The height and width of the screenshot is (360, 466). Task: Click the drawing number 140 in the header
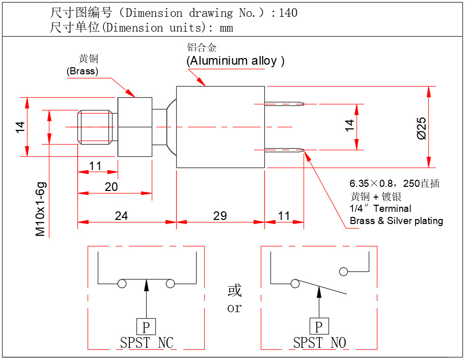[x=288, y=13]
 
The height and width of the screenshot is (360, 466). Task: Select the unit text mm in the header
[x=227, y=27]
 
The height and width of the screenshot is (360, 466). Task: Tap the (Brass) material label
[x=83, y=71]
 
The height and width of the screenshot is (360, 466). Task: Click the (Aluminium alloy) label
[x=235, y=61]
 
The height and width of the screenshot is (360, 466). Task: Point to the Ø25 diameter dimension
[x=421, y=128]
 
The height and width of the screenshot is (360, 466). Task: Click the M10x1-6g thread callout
[x=41, y=209]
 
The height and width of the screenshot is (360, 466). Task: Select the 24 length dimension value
[x=121, y=216]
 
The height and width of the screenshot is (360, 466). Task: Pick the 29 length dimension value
[x=220, y=216]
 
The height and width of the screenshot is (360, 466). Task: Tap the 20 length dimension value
[x=111, y=187]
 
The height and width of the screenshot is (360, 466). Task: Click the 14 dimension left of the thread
[x=20, y=127]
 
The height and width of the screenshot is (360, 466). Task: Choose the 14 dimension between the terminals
[x=349, y=126]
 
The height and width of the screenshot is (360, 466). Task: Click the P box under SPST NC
[x=146, y=327]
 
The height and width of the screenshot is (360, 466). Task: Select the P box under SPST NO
[x=319, y=327]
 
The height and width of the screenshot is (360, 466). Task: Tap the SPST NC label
[x=147, y=343]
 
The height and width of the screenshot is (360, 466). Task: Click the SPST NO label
[x=319, y=343]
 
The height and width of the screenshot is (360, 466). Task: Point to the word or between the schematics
[x=234, y=309]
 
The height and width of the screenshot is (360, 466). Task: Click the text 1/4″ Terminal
[x=380, y=208]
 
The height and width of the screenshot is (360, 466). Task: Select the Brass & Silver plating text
[x=396, y=220]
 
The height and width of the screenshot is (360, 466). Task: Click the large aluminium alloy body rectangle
[x=220, y=127]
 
